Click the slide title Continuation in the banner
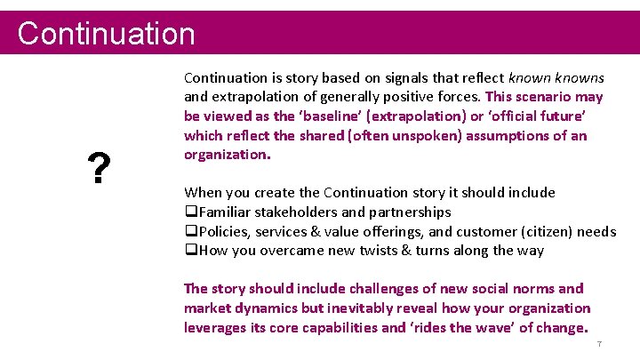tap(106, 34)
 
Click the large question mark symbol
tap(98, 167)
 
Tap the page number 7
tap(600, 344)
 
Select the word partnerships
tap(408, 212)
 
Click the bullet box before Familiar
tap(190, 212)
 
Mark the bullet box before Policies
tap(190, 232)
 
